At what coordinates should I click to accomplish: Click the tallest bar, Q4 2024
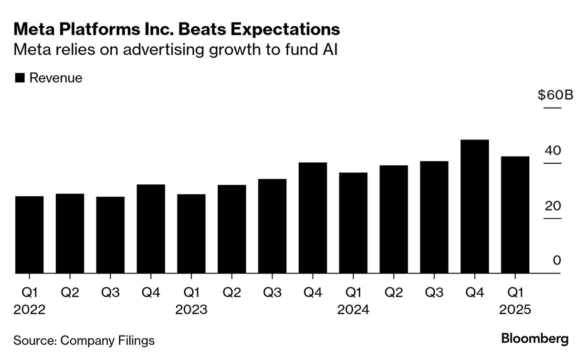[x=475, y=206]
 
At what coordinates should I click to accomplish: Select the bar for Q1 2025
[x=515, y=215]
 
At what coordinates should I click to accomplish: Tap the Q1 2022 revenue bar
[x=30, y=234]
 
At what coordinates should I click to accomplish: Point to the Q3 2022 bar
[x=110, y=235]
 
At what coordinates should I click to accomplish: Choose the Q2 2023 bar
[x=232, y=229]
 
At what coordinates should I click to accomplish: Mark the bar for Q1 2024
[x=353, y=223]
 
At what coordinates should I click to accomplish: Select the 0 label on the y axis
[x=557, y=261]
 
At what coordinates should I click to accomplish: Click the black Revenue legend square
[x=20, y=78]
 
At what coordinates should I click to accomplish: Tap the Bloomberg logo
[x=535, y=339]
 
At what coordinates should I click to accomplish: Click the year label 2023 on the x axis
[x=191, y=310]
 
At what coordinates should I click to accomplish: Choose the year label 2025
[x=515, y=310]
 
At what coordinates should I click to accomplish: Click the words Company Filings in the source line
[x=108, y=340]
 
